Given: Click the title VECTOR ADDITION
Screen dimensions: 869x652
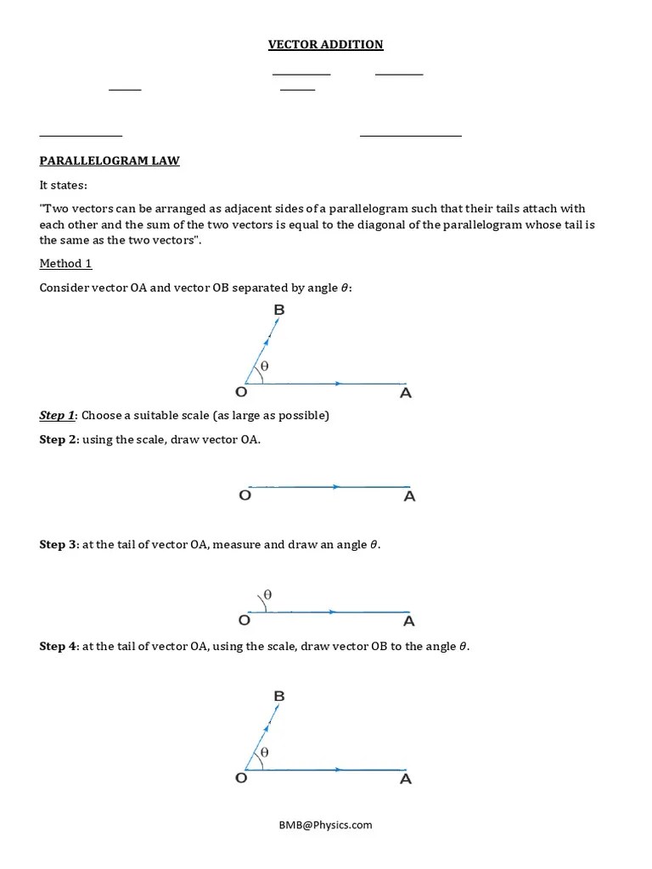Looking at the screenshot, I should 326,44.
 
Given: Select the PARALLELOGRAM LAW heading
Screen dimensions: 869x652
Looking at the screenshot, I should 110,160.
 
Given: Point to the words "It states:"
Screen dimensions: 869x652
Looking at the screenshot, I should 63,185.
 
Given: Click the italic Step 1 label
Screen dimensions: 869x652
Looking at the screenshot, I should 57,415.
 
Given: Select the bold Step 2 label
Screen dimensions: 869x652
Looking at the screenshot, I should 58,440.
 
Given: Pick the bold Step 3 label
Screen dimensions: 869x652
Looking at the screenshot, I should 58,544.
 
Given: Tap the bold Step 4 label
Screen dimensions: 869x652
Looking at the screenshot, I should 58,646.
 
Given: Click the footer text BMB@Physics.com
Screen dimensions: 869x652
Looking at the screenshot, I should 326,824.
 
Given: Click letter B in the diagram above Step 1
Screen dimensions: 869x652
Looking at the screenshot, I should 278,311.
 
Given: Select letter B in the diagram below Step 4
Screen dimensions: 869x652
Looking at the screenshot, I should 278,696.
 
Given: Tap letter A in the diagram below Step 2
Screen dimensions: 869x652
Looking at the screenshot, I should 409,496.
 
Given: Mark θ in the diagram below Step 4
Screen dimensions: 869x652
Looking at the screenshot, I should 264,752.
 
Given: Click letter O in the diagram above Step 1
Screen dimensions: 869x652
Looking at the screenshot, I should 241,393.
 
